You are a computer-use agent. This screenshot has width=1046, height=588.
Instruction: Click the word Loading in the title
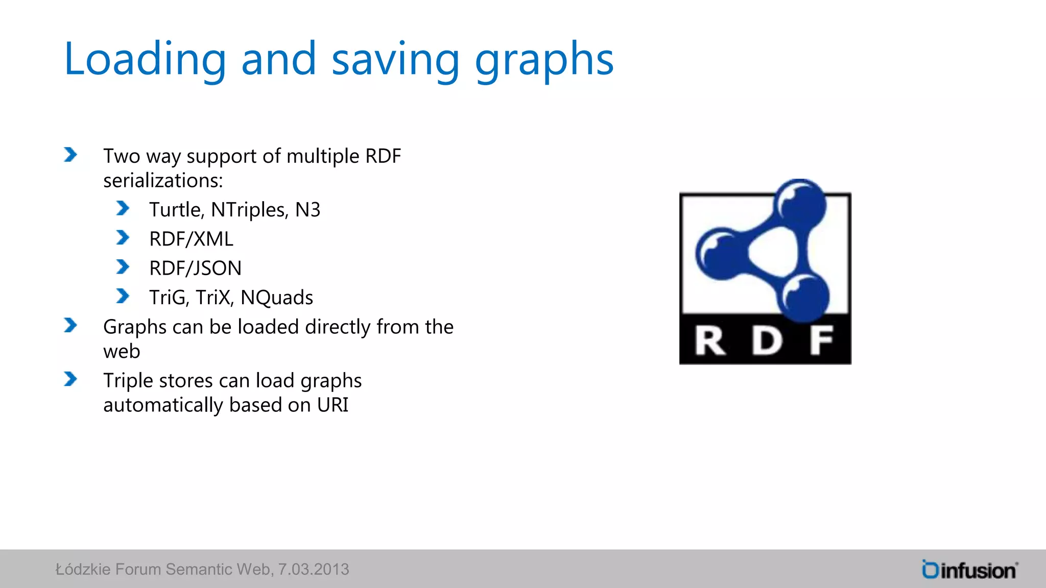145,60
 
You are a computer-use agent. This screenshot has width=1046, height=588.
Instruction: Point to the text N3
307,210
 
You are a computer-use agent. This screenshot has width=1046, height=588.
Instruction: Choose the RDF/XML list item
191,239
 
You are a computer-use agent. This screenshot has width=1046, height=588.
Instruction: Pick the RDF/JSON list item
195,268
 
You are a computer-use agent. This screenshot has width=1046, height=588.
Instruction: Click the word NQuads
277,298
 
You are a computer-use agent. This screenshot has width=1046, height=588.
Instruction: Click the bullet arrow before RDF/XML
123,238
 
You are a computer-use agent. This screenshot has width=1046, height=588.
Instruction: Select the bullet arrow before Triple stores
70,379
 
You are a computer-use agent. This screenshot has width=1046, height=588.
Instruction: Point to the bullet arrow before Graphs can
70,325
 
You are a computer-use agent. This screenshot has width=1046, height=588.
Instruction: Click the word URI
332,405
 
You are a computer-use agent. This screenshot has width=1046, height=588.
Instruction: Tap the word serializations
163,181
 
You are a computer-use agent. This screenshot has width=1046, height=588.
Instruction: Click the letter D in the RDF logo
767,340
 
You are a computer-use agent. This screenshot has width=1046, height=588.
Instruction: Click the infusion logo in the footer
969,570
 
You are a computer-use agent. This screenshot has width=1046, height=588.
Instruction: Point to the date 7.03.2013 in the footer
314,569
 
